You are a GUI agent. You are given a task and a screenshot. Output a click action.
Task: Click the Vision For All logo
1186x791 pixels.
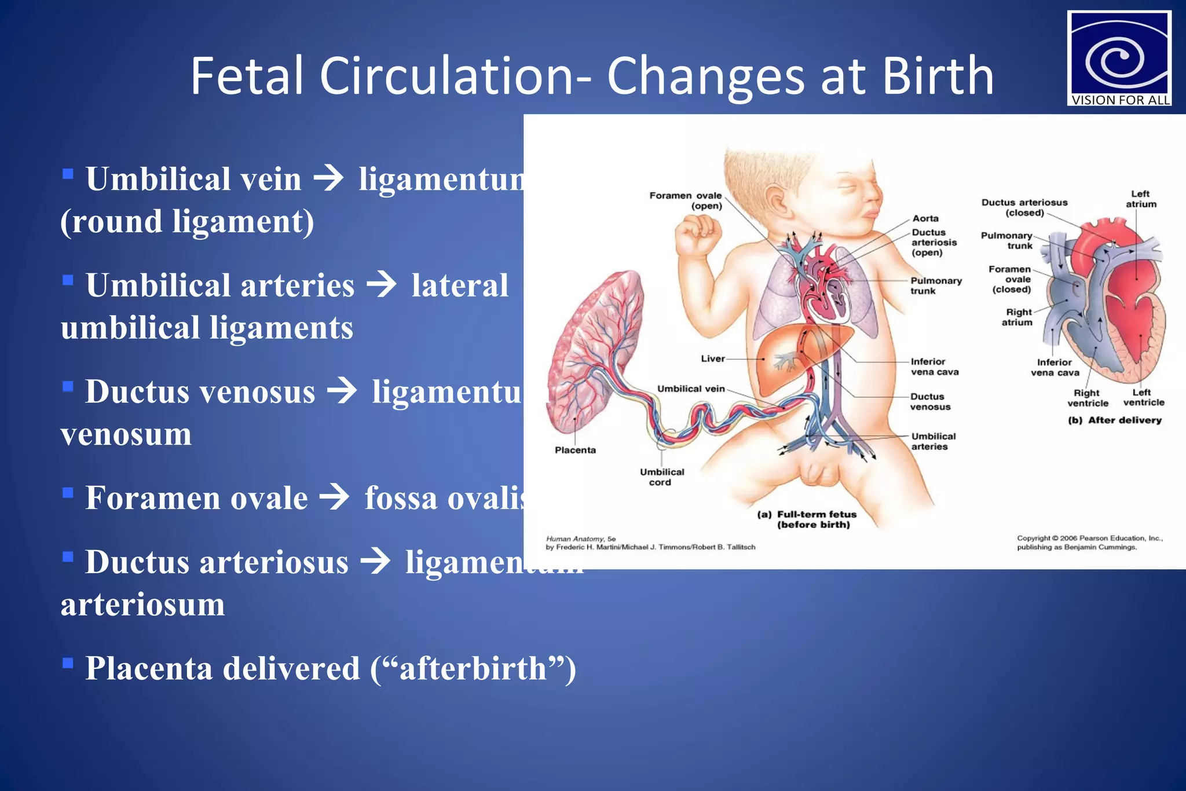click(x=1119, y=58)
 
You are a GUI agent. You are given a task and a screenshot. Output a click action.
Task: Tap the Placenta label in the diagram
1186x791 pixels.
click(x=575, y=450)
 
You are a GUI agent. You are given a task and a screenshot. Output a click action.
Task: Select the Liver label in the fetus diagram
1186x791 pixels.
click(x=713, y=358)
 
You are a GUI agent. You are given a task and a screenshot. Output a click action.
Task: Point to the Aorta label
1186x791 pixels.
click(x=925, y=218)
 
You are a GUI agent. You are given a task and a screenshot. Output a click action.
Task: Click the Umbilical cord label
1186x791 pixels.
click(x=662, y=477)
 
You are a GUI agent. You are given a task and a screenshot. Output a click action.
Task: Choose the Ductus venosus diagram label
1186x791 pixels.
click(x=930, y=401)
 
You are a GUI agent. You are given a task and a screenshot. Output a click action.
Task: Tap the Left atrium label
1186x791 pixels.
click(x=1141, y=199)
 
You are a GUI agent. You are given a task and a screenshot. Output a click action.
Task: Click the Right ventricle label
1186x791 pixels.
click(x=1088, y=398)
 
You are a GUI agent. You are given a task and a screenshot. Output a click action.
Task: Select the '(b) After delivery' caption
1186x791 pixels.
click(x=1115, y=420)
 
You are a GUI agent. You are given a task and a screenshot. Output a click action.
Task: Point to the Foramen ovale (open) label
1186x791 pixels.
click(x=686, y=200)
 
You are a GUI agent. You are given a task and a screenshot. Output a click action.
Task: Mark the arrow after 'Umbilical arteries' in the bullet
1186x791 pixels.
click(x=382, y=284)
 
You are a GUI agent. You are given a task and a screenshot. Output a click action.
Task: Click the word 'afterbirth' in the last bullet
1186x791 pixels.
click(x=473, y=668)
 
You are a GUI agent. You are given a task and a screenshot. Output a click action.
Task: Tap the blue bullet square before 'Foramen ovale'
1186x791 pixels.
click(x=68, y=493)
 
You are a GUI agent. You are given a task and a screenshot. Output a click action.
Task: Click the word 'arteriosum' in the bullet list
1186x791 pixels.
click(x=142, y=605)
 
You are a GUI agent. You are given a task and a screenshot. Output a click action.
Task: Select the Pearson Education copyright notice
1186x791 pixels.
click(x=1089, y=542)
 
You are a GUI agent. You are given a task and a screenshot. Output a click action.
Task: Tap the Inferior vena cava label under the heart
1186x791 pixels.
click(x=1055, y=367)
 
